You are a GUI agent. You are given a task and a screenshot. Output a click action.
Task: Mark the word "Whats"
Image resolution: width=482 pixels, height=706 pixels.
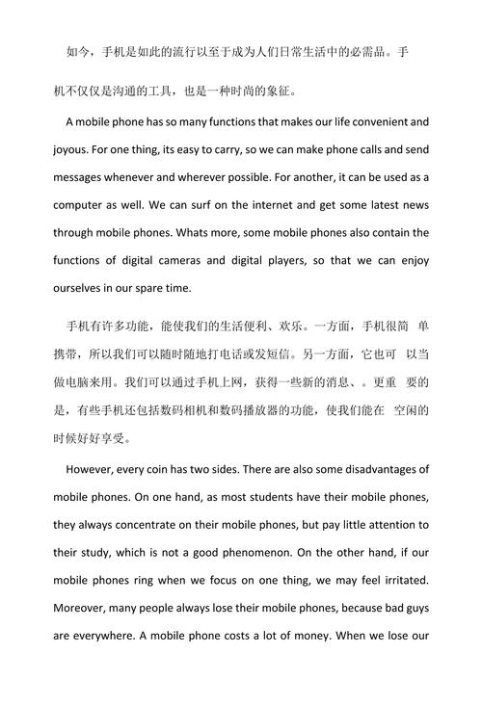[219, 233]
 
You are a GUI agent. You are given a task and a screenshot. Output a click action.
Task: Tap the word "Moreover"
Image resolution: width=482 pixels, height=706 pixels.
[83, 608]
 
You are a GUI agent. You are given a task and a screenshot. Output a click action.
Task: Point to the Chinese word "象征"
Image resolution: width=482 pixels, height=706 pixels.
[283, 92]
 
